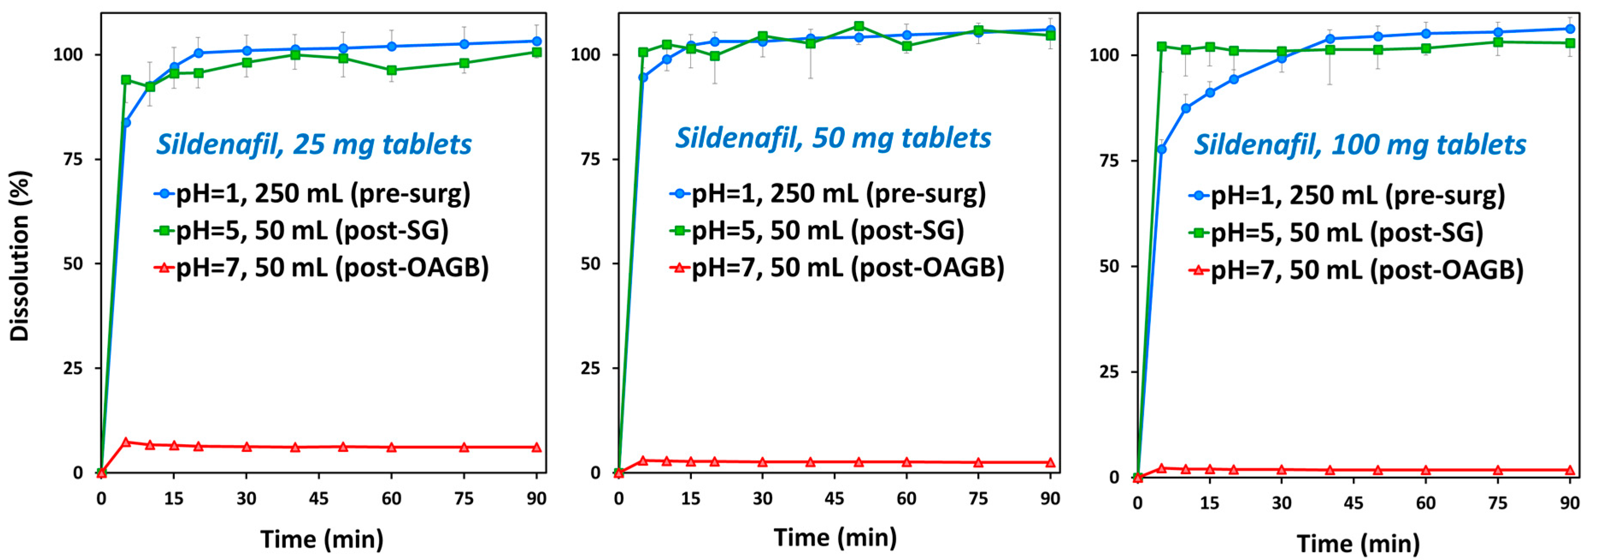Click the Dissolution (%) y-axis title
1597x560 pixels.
(20, 256)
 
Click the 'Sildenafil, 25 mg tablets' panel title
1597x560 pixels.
(314, 144)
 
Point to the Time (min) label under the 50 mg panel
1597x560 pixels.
(835, 537)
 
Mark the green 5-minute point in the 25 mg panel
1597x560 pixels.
(126, 80)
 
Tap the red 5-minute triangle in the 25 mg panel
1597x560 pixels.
(126, 442)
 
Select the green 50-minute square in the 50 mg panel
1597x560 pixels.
(859, 26)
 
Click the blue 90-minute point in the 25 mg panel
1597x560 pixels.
(537, 41)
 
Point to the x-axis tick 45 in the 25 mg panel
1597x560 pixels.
(319, 498)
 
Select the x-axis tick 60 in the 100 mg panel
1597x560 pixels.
(1425, 503)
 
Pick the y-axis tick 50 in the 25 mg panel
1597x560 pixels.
(73, 264)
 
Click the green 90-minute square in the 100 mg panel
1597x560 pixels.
(1570, 43)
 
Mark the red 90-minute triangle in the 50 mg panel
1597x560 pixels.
(1050, 463)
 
